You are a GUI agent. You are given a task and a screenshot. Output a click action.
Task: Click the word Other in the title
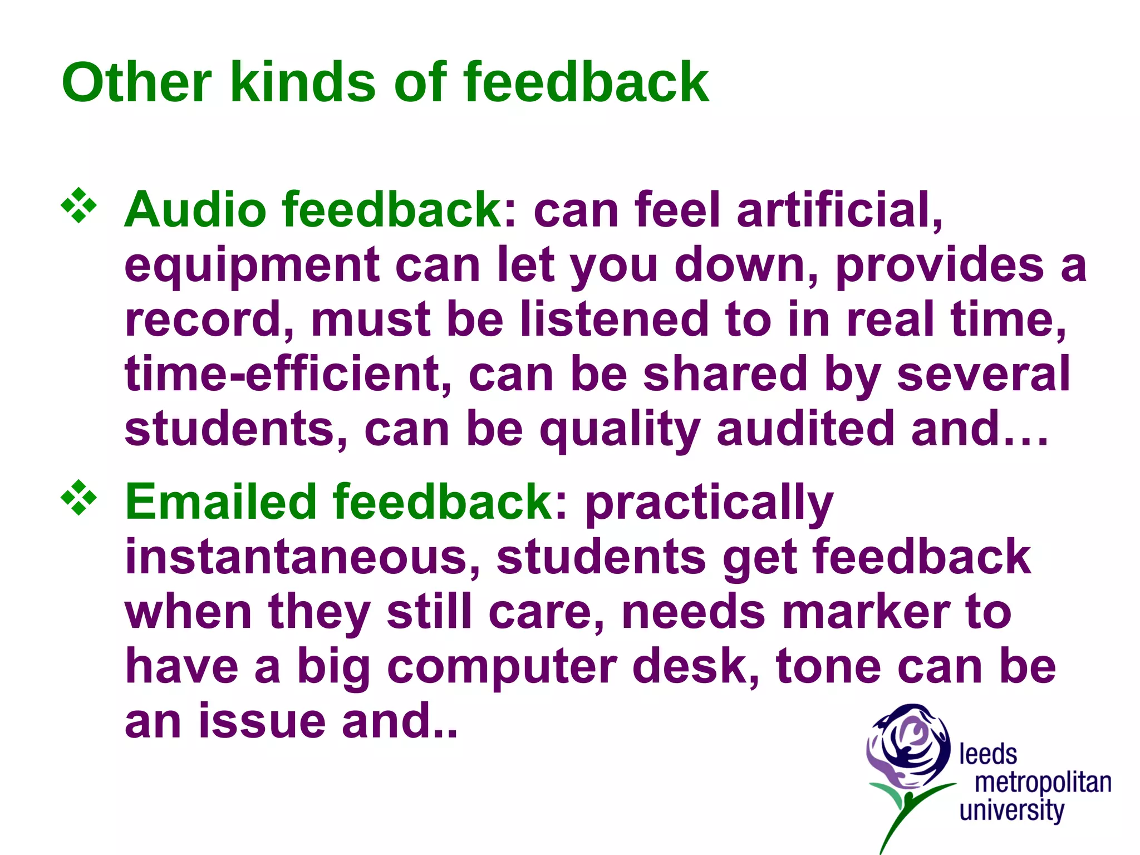136,82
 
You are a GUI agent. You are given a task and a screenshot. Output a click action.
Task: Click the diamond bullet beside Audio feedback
78,206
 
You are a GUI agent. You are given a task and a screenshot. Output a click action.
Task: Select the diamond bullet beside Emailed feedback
78,497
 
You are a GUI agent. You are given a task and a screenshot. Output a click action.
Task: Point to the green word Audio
195,210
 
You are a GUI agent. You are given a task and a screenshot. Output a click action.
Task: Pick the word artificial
840,210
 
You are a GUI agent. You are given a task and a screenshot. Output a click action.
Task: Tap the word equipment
252,266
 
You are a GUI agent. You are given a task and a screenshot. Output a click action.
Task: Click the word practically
709,503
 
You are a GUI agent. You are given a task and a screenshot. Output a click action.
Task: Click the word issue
262,720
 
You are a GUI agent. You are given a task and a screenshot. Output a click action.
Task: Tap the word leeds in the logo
988,755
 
